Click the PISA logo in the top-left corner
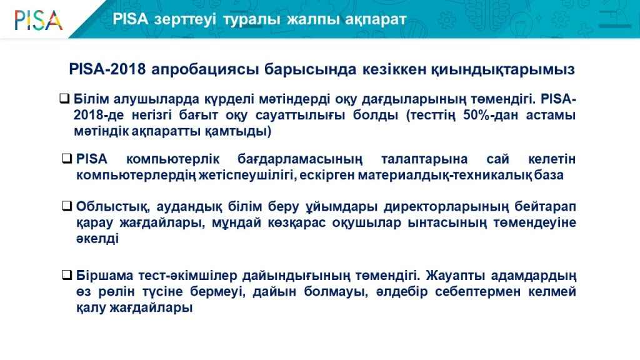click(38, 20)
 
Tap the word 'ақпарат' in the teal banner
click(376, 19)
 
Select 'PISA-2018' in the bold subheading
click(107, 69)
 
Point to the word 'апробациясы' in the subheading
click(205, 69)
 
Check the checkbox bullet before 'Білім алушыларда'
click(64, 98)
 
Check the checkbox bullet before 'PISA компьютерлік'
click(67, 158)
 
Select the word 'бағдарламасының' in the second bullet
click(299, 159)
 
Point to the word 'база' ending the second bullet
click(549, 175)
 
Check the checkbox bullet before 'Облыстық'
click(67, 206)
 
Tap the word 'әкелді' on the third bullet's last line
click(97, 238)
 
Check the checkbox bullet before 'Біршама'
click(67, 275)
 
